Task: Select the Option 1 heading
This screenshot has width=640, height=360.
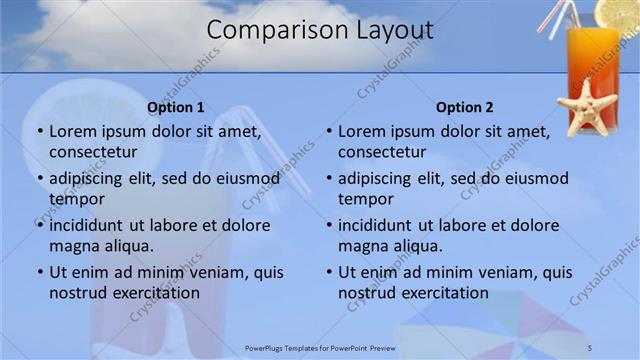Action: pos(175,107)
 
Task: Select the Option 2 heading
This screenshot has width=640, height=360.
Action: pos(465,107)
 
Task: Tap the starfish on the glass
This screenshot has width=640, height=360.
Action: pos(586,106)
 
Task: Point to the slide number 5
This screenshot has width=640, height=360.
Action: pos(590,347)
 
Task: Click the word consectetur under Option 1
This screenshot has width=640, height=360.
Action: pos(93,153)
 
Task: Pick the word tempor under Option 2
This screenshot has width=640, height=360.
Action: pos(366,199)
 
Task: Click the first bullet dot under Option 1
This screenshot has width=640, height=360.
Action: pos(39,131)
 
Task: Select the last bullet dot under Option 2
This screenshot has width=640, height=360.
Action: pos(328,272)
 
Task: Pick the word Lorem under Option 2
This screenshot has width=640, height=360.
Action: pos(362,131)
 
